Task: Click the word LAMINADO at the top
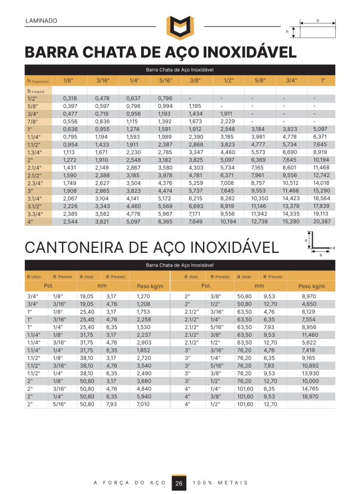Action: [x=42, y=21]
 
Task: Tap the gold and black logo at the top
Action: [x=179, y=28]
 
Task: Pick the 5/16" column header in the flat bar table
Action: [x=165, y=81]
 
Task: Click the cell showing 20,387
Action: [x=322, y=221]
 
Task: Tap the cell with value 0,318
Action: [x=70, y=98]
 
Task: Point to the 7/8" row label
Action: [x=32, y=121]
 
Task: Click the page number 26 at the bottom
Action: [x=179, y=483]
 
